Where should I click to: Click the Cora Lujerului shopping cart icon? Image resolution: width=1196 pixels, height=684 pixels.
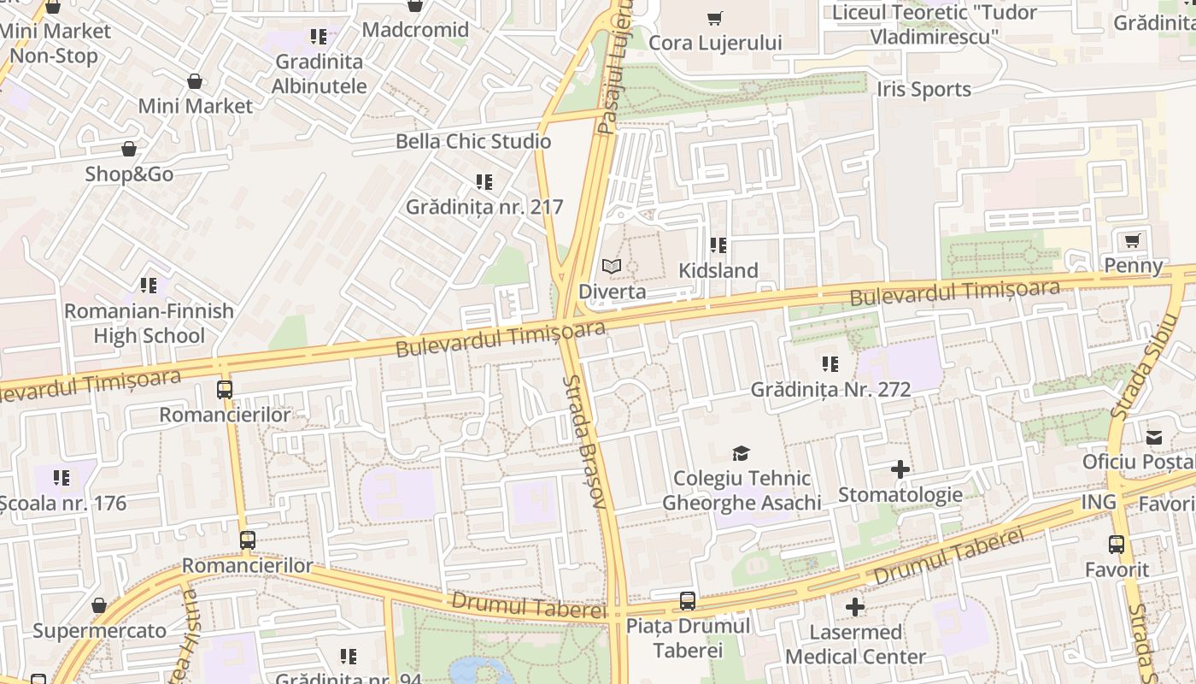(715, 18)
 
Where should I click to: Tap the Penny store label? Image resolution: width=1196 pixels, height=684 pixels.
(1134, 266)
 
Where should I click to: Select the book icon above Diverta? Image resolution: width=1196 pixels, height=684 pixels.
(611, 267)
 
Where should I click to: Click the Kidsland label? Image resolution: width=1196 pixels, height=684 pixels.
(718, 271)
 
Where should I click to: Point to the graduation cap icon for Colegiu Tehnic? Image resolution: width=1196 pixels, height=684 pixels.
(741, 453)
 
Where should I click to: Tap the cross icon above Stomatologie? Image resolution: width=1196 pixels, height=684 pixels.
(900, 469)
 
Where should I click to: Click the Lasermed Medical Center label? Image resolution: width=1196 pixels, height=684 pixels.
(855, 645)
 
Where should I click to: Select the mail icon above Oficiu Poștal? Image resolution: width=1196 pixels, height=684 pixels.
(1154, 437)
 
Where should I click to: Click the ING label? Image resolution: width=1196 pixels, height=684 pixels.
(1099, 502)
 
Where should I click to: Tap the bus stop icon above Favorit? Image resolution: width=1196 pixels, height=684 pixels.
(1116, 544)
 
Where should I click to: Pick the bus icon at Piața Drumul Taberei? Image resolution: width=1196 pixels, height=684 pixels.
(688, 601)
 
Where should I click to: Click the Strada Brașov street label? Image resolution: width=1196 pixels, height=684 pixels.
(585, 442)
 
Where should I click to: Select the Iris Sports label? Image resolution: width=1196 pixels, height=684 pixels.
(923, 90)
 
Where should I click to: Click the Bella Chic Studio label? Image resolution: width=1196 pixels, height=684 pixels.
(473, 142)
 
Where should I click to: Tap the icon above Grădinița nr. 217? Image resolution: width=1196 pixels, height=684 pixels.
(484, 182)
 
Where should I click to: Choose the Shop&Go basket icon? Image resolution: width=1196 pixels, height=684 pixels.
(128, 149)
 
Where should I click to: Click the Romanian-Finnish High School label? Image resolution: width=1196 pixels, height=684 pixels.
(149, 323)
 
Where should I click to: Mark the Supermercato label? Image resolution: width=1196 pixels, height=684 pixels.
(99, 632)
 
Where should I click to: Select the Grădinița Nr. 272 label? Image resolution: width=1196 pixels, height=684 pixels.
(830, 390)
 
